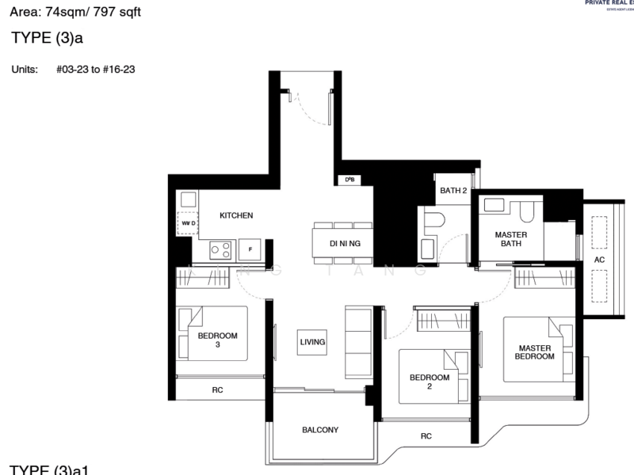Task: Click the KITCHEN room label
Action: [236, 215]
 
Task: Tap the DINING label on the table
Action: [345, 243]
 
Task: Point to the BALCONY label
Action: [320, 430]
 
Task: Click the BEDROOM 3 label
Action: [218, 340]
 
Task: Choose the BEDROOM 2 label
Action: [430, 382]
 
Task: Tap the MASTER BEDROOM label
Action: [536, 352]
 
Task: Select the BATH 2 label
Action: [453, 191]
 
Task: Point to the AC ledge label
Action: [599, 259]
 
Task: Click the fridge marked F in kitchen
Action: [250, 249]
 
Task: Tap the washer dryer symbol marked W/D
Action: [188, 224]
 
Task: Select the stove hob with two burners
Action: [220, 250]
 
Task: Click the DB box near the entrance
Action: [349, 180]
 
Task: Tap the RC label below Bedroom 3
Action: [216, 389]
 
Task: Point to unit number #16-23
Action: [120, 70]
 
